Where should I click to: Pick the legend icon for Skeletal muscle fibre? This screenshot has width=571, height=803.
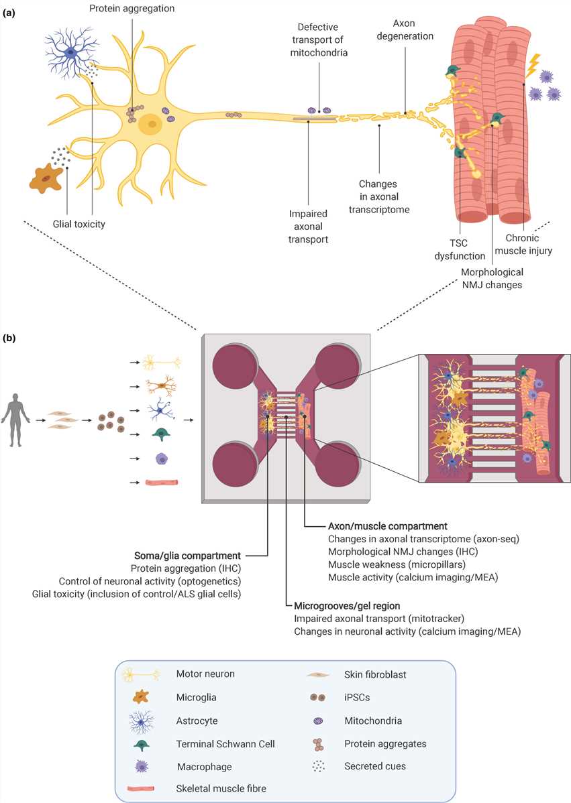click(x=141, y=788)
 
